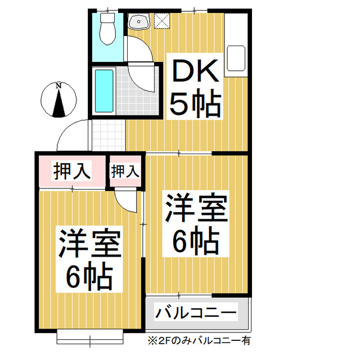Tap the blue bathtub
point(104,91)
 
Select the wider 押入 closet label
point(71,171)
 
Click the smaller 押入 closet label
point(125,171)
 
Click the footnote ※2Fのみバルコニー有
point(199,340)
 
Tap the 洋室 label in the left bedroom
point(89,244)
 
